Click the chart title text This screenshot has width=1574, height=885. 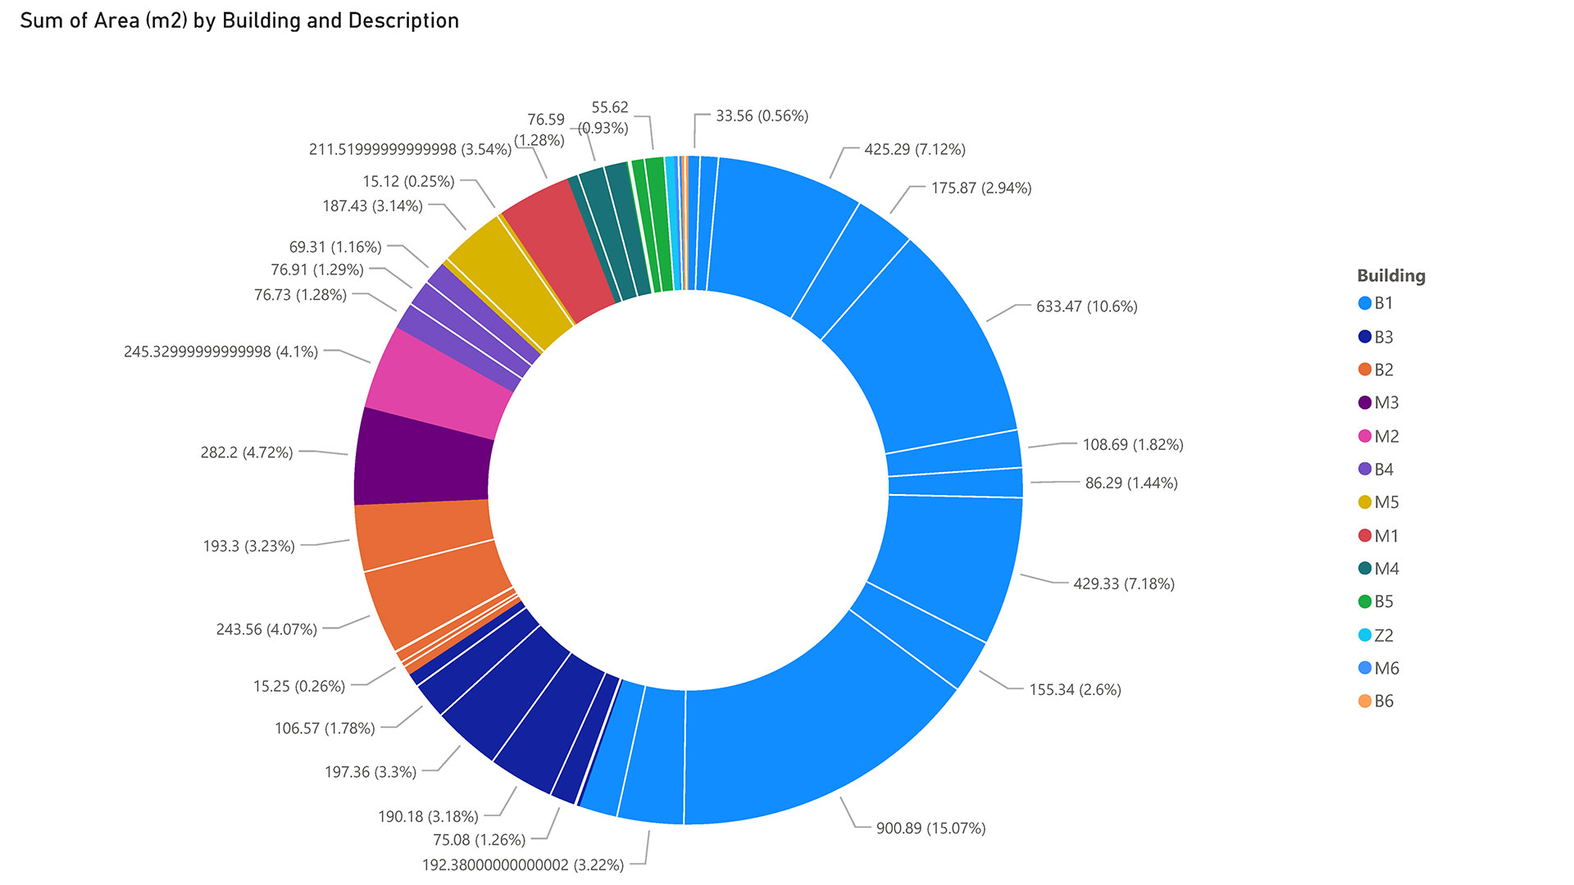(x=239, y=20)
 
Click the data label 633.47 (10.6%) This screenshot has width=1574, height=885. (x=1086, y=306)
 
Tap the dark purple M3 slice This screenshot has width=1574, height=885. (x=422, y=457)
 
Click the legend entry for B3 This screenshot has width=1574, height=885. (x=1383, y=337)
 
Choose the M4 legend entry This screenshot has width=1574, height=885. (x=1386, y=569)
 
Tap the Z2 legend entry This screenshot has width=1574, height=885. (x=1383, y=635)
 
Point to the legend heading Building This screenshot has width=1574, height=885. (x=1390, y=276)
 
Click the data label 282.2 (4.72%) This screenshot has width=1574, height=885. (x=247, y=452)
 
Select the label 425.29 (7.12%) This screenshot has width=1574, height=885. (x=915, y=149)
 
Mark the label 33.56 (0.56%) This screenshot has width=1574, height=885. (x=762, y=116)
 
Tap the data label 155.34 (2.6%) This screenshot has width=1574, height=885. (x=1075, y=690)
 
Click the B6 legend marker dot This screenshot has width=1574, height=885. (x=1365, y=701)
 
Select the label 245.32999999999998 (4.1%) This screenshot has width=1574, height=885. (x=221, y=352)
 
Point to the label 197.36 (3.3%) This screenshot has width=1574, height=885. (x=371, y=772)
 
